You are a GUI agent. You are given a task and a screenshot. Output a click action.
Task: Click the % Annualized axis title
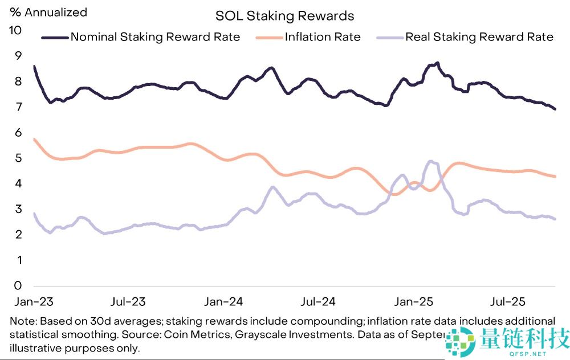pyautogui.click(x=48, y=12)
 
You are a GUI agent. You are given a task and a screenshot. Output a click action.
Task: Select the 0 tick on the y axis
pyautogui.click(x=18, y=285)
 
